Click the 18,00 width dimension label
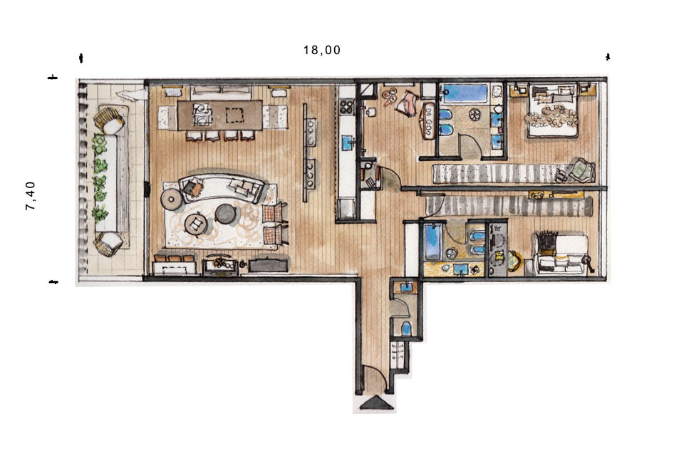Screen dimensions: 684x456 322,50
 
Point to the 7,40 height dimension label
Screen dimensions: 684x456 31,197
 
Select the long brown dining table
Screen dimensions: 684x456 220,115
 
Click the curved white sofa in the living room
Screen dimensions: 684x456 222,187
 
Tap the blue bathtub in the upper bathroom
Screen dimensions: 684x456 463,93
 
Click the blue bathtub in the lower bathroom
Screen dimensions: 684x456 432,241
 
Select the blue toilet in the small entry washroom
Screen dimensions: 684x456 406,328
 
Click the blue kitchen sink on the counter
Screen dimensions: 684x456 347,140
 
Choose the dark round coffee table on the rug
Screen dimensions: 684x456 225,214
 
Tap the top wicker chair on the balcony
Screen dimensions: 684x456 109,120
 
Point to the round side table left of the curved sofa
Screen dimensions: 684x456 172,199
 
